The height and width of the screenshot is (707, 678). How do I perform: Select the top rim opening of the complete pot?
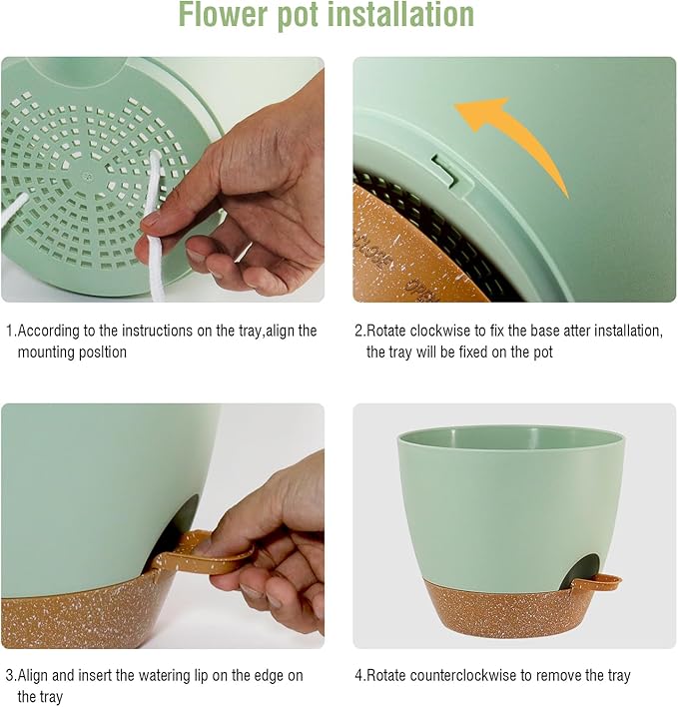[x=511, y=436]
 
